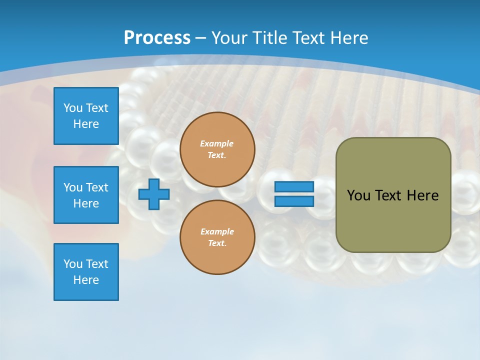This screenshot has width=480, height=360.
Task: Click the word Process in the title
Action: point(157,37)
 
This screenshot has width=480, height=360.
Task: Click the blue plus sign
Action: point(154,194)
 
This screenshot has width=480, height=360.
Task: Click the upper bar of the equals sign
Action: point(294,187)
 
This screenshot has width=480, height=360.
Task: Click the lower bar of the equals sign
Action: point(294,201)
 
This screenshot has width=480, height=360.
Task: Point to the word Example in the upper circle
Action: point(217,143)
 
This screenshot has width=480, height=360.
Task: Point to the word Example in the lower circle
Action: point(217,231)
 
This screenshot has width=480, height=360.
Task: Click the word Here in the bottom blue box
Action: point(86,280)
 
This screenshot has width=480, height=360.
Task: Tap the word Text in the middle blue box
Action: point(97,187)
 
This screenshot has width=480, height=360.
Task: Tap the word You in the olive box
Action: point(358,195)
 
